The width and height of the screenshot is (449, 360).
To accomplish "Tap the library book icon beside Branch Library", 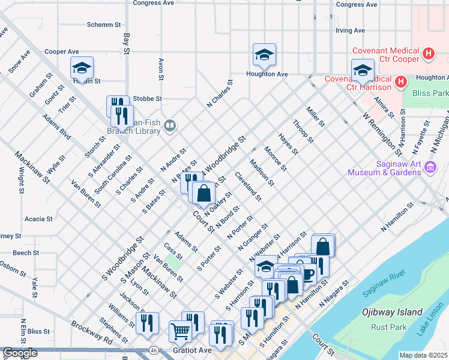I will point(170,125).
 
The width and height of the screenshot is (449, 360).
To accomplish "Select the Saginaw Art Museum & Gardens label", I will point(384,168).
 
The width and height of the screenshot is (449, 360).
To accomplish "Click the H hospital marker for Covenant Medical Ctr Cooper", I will point(428,54).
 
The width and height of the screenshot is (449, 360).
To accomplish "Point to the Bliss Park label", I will point(430,94).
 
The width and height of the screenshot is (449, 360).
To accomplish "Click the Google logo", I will point(20,353).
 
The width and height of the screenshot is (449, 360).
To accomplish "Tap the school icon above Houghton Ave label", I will point(264,55).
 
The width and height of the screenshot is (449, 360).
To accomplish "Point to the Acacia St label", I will point(38,219).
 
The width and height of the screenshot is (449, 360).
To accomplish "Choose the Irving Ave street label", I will point(351,30).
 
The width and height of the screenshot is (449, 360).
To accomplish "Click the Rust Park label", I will point(387,327).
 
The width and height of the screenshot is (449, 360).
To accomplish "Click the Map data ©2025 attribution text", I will point(424,355).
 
